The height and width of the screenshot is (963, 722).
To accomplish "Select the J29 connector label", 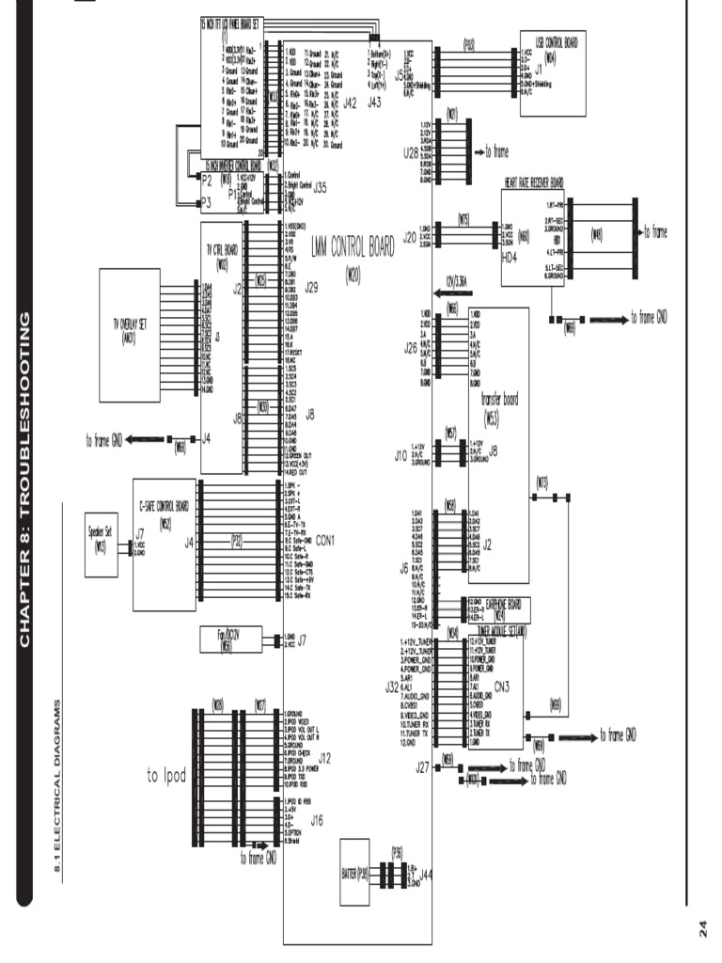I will click(x=311, y=289).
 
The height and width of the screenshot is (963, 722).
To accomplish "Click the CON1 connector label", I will click(x=326, y=540).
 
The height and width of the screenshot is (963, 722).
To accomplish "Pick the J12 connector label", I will click(x=324, y=756).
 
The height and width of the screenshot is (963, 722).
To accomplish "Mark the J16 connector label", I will click(x=317, y=820).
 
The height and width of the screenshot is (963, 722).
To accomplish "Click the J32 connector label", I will click(x=393, y=687).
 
